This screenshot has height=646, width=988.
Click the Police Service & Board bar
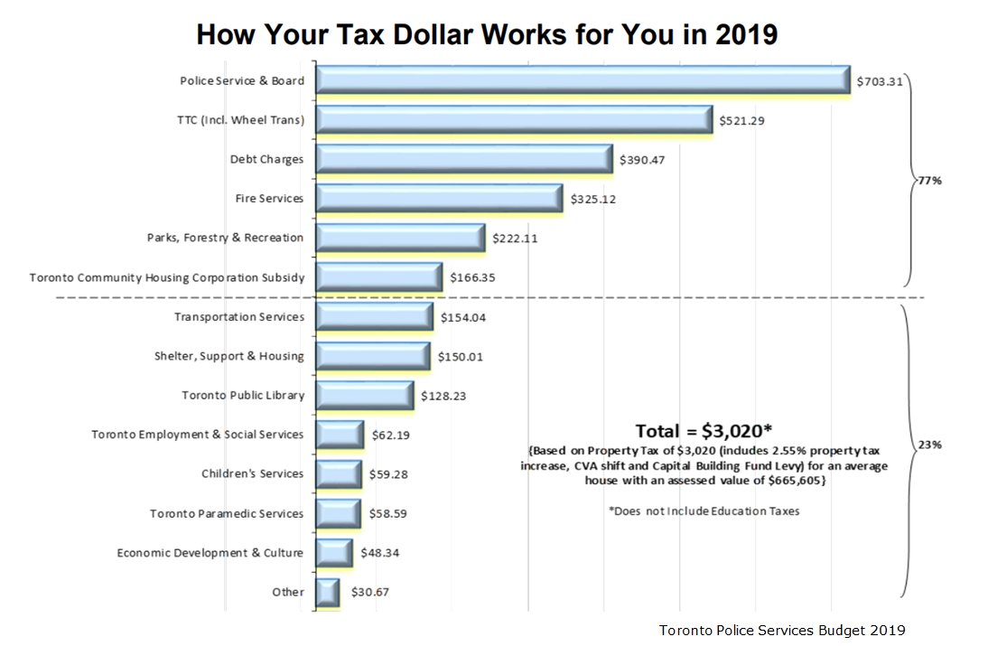(x=583, y=80)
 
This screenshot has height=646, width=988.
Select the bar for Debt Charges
(x=464, y=159)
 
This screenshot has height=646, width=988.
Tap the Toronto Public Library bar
(x=365, y=395)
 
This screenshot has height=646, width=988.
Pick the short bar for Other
(x=327, y=592)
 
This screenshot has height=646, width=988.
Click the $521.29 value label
(x=742, y=120)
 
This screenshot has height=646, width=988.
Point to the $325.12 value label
(x=593, y=199)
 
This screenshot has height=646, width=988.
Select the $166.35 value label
(x=472, y=277)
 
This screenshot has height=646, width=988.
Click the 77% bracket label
(x=929, y=181)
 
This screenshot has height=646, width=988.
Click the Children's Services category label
(x=252, y=473)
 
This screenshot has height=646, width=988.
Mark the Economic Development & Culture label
(x=210, y=552)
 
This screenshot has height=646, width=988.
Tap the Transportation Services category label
(x=238, y=317)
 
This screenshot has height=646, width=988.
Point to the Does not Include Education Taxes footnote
(x=704, y=510)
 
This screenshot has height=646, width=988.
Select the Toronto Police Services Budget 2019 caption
(x=782, y=629)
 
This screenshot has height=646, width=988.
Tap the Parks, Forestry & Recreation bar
(x=401, y=238)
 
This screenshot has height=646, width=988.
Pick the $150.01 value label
(x=461, y=356)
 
